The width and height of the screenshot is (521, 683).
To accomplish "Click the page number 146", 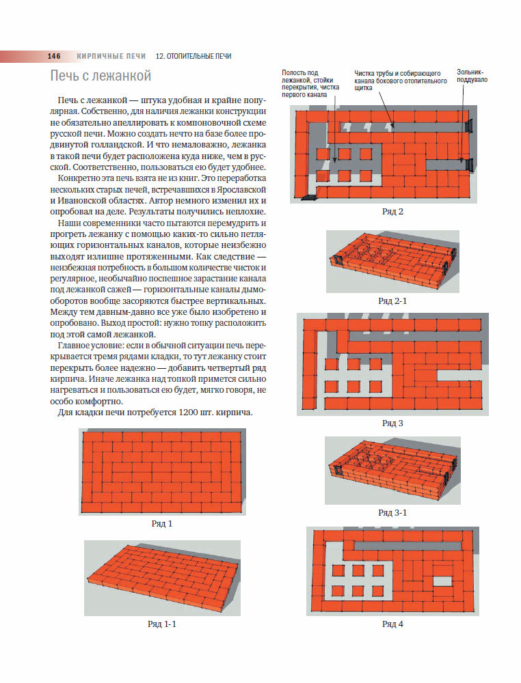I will (54, 56).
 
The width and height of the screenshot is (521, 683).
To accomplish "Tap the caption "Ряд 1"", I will (161, 524).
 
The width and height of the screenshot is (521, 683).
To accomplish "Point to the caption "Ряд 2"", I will (392, 211).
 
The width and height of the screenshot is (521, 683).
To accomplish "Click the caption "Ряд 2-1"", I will (392, 300).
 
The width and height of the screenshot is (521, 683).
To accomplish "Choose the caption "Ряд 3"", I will (392, 423).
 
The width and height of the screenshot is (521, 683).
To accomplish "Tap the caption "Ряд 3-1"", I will (392, 512).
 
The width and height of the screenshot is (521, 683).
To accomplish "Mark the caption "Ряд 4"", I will (392, 624).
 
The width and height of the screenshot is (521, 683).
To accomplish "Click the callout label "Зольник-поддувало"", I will (470, 76).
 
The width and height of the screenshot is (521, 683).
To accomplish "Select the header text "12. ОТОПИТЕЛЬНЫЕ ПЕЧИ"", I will (193, 56).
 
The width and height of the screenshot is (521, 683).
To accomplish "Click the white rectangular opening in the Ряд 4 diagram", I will (443, 581).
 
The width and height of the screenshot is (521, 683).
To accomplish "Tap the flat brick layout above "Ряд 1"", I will (161, 471).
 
